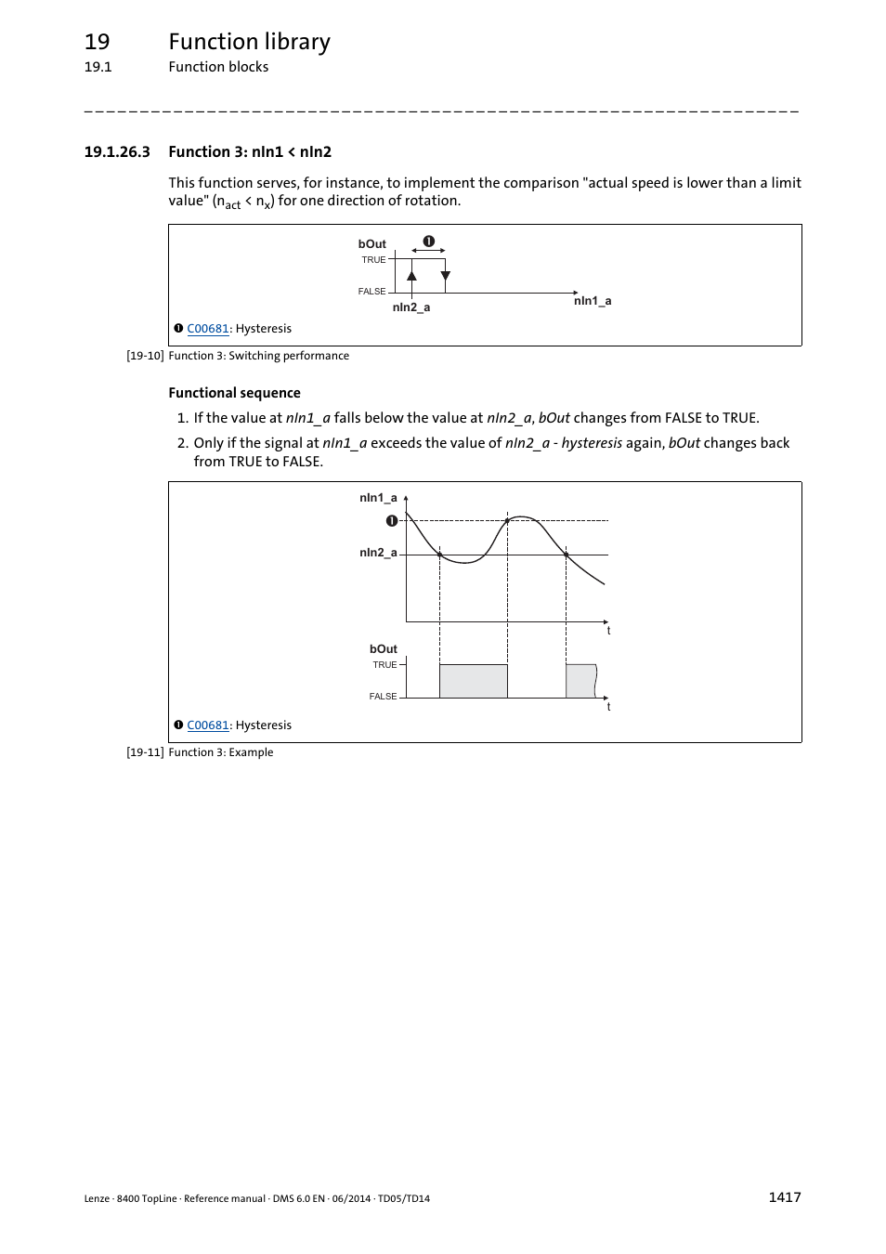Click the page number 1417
click(784, 1196)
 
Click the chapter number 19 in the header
click(97, 42)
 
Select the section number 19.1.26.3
click(117, 152)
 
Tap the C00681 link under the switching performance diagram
click(207, 329)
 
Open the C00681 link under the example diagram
click(207, 725)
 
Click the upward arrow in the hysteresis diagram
click(411, 276)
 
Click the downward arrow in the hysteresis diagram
click(446, 276)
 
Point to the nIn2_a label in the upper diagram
click(410, 307)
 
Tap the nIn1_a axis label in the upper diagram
click(592, 301)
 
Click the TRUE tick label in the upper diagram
click(373, 260)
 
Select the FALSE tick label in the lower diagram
click(383, 697)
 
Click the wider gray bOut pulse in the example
click(473, 681)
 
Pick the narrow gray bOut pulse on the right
click(580, 681)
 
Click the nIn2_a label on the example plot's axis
click(378, 553)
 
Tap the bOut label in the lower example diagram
click(383, 649)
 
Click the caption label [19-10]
click(145, 356)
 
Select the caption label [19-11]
click(145, 752)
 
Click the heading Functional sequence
click(234, 393)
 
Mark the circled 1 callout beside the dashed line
click(392, 521)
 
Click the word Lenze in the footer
click(97, 1198)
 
